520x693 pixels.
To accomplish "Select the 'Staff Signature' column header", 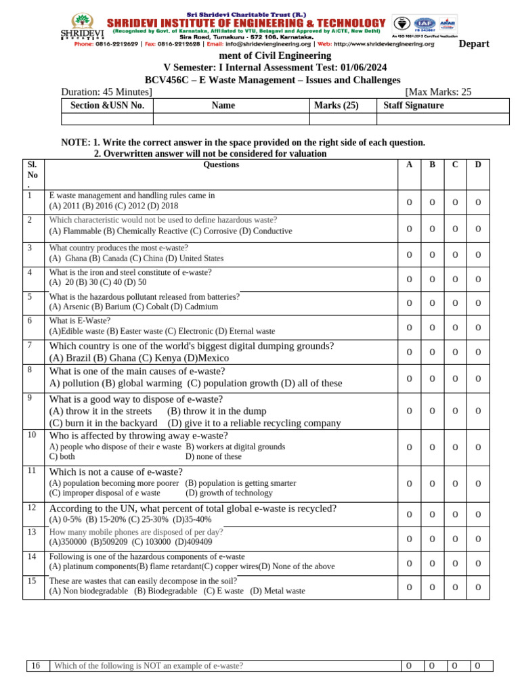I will [414, 105].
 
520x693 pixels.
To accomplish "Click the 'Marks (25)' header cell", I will [337, 105].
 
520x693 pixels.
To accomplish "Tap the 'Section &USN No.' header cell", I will [108, 105].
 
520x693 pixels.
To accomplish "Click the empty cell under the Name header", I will [231, 119].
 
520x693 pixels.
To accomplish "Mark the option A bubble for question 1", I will [409, 202].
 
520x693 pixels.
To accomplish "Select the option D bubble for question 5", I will [478, 303].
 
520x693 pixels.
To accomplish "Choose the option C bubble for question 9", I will [455, 411].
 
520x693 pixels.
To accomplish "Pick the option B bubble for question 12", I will [432, 514].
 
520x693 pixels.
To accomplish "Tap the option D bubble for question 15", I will [478, 587].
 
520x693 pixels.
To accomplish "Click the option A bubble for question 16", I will [409, 666].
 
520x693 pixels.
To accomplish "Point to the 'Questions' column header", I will [221, 164].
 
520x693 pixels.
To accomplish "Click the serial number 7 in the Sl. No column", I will [30, 345].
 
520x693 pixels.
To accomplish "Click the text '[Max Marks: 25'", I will [437, 92].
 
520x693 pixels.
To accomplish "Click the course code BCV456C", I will [169, 80].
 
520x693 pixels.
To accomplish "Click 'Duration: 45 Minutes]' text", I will [106, 92].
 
